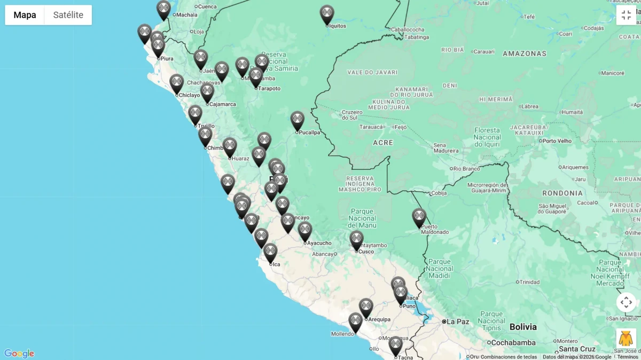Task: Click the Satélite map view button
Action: tap(68, 15)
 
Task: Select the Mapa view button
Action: tap(25, 15)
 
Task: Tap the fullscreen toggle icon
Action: tap(626, 15)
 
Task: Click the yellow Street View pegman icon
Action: tap(626, 339)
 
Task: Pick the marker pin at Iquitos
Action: tap(327, 14)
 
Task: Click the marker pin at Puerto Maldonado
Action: tap(419, 217)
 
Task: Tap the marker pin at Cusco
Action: tap(356, 240)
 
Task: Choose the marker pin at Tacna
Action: tap(395, 346)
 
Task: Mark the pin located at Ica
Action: tap(270, 253)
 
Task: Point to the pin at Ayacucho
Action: tap(305, 231)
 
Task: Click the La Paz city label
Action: tap(457, 322)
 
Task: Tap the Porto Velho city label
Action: tap(557, 141)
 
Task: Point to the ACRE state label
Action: tap(383, 143)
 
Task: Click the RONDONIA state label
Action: tap(562, 193)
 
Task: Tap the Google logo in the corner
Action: tap(19, 354)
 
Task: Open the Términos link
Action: tap(628, 357)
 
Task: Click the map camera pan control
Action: tap(626, 302)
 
